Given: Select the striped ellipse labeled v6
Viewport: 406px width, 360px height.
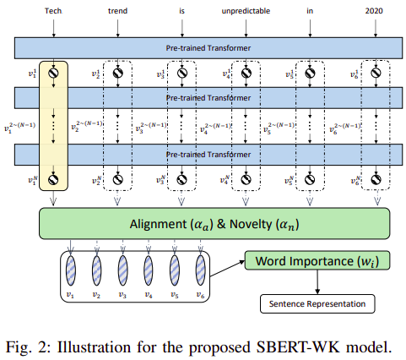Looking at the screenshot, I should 201,274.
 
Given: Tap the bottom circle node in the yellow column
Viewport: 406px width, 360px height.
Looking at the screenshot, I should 55,180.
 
